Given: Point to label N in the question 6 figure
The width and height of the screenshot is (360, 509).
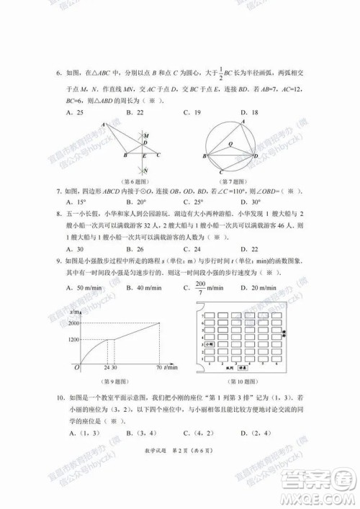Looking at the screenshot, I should (147, 171).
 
